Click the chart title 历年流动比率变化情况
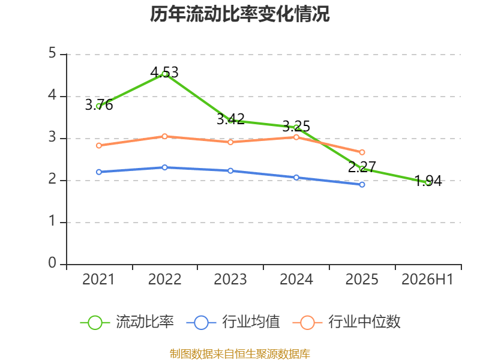239,14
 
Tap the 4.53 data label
164,72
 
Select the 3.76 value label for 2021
99,104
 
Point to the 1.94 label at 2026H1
428,181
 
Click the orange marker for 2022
164,136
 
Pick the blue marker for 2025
362,185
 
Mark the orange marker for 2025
362,152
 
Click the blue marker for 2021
99,172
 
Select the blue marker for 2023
230,170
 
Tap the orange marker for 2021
99,145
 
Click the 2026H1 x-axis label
427,279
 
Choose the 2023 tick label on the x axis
230,279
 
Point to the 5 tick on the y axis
52,53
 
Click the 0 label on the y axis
52,263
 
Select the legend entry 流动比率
127,322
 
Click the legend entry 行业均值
233,322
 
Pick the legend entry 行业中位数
347,322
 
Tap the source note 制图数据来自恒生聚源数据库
240,354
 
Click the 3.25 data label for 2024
296,126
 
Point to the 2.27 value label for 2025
362,167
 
